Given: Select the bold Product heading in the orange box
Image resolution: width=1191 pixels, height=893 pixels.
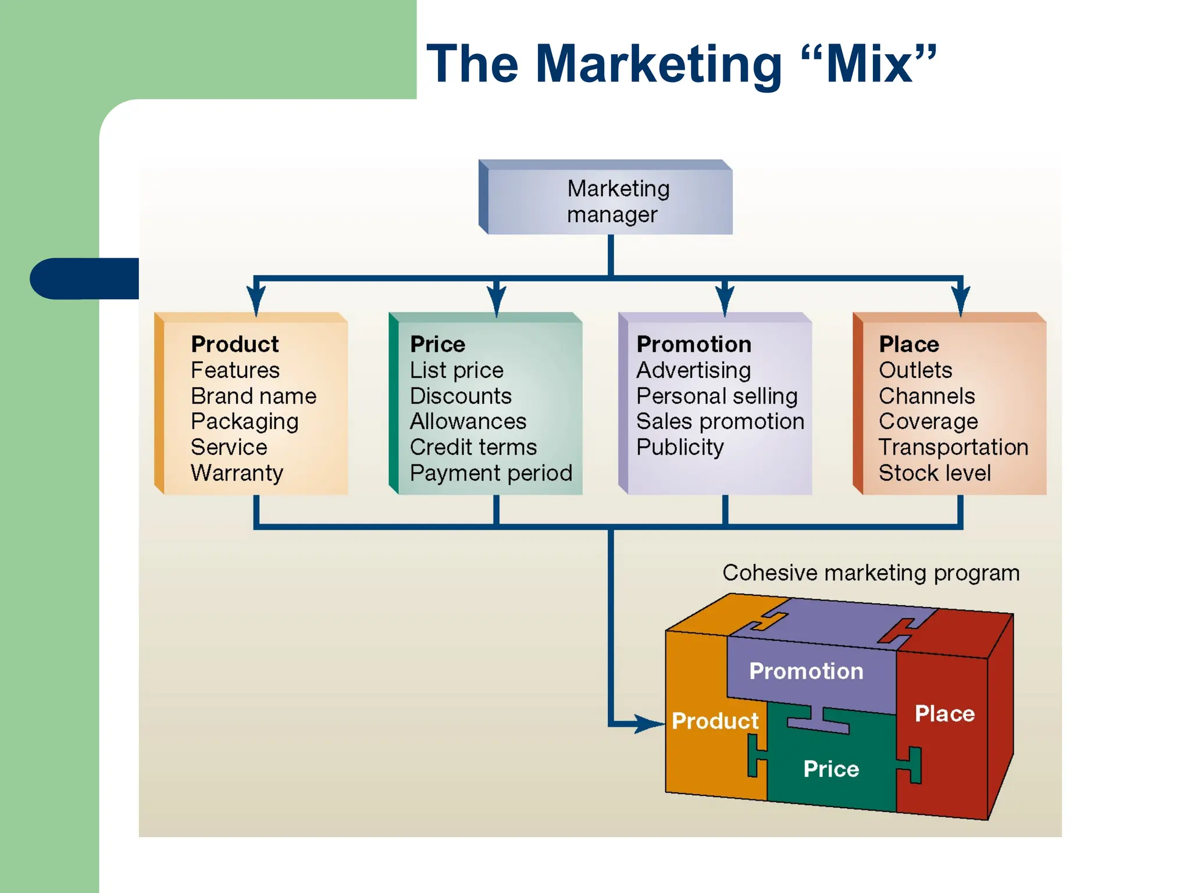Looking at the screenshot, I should [x=235, y=344].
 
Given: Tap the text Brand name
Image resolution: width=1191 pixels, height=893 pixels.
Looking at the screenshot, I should [x=254, y=396].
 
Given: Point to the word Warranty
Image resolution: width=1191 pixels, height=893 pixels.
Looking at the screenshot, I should [x=237, y=473].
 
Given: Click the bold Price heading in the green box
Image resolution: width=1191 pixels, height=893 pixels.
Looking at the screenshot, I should [x=437, y=344].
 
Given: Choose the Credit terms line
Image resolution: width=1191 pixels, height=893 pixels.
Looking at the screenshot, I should [x=473, y=447].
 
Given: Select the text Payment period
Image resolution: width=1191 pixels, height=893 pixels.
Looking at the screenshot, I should [x=491, y=473].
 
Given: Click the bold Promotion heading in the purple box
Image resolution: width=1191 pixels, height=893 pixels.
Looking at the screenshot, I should [x=694, y=344].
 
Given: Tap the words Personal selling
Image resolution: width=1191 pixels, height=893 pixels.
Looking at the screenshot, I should [x=716, y=396].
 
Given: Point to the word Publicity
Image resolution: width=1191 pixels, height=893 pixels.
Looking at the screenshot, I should [x=680, y=447].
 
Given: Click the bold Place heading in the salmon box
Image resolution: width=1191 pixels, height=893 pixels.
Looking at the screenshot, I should [x=909, y=344].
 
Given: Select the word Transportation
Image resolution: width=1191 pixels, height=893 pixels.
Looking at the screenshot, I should [x=953, y=447].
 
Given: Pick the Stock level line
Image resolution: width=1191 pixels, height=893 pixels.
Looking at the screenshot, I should [x=935, y=473].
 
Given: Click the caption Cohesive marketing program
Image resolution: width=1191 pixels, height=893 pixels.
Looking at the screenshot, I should [x=871, y=573].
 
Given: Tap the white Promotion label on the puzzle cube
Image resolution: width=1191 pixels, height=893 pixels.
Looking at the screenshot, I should [x=806, y=671].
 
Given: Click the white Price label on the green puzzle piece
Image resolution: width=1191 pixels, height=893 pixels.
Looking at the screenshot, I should [x=831, y=769].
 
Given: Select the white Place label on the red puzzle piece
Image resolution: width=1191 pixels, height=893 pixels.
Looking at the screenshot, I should [x=944, y=713].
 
